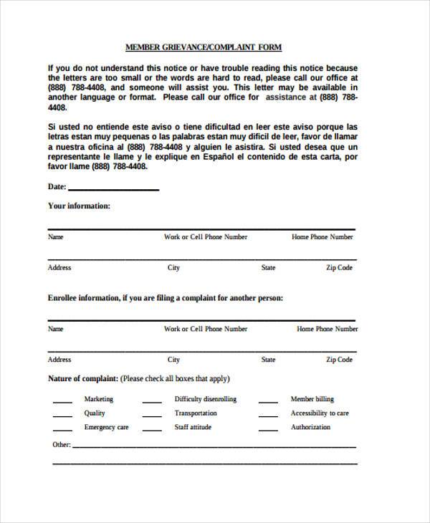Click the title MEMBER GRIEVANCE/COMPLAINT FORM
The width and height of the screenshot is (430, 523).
(x=204, y=47)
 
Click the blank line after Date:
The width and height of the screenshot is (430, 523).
(x=113, y=190)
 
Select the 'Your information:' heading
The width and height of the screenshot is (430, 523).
(x=79, y=206)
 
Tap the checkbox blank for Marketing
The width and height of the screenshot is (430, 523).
(x=62, y=402)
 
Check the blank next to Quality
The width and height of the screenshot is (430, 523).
(x=62, y=416)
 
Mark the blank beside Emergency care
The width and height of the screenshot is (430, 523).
(x=62, y=430)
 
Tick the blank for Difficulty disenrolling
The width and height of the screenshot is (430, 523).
(x=152, y=402)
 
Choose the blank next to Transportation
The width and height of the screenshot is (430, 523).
(x=152, y=416)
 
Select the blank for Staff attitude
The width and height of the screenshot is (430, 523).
(x=152, y=430)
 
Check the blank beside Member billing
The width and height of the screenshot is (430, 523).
(x=268, y=402)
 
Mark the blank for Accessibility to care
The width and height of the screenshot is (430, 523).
(x=268, y=416)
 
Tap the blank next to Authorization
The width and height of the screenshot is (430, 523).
(x=268, y=430)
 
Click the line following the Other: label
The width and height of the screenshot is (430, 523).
(x=215, y=446)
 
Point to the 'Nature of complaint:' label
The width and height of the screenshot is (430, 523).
(x=83, y=378)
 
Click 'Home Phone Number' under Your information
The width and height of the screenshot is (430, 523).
(x=322, y=236)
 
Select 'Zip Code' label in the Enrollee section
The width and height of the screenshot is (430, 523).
(x=339, y=360)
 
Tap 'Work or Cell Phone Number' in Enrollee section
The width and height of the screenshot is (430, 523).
(x=206, y=329)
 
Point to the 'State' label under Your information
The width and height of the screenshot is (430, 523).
(x=268, y=267)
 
